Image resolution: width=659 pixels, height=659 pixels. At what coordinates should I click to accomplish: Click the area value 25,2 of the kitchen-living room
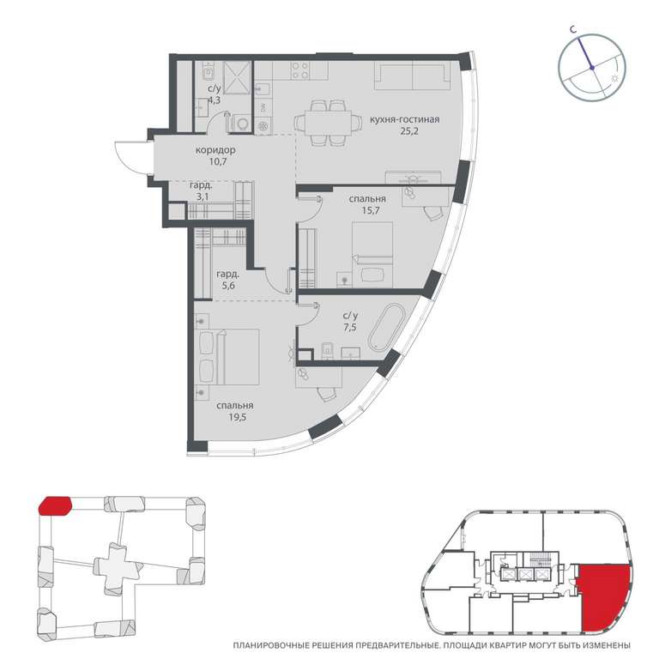409,131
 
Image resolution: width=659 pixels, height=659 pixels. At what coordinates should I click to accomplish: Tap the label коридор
215,150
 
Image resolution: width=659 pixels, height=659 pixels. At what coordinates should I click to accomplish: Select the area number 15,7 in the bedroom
371,210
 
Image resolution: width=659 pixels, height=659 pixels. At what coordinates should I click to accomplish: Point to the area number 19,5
238,417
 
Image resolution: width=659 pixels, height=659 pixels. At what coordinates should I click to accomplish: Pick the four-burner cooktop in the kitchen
300,70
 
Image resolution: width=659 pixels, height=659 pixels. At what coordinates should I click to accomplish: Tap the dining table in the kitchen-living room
328,123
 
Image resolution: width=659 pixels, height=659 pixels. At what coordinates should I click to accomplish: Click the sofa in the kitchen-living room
412,76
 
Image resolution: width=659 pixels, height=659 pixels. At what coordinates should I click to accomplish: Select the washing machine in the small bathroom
242,124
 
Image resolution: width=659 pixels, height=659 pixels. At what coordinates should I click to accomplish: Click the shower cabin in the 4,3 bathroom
237,78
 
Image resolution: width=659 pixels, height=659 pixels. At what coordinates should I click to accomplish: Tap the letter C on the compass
572,29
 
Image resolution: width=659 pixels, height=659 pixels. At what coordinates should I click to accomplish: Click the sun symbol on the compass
614,79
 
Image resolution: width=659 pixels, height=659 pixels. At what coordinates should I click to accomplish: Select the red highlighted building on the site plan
55,505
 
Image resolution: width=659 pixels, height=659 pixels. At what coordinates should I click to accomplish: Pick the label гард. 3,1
201,190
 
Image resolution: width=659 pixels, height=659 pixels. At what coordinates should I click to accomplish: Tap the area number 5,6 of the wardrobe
227,286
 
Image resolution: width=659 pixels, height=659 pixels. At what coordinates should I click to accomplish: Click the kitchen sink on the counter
263,89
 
